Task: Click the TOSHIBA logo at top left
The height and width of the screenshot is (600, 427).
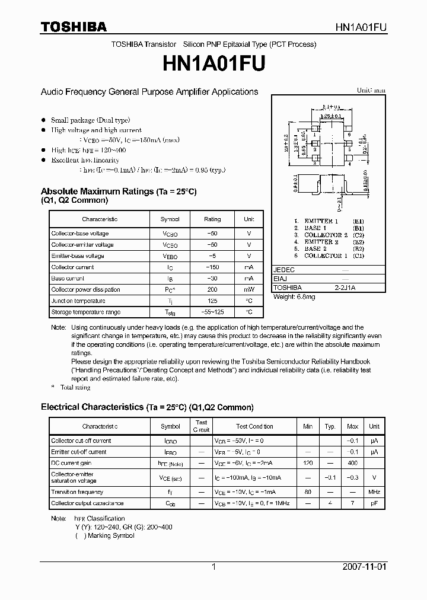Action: (74, 27)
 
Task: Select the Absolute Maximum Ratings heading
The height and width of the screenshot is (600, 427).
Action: (118, 192)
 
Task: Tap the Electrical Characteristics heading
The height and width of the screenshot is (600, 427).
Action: (146, 407)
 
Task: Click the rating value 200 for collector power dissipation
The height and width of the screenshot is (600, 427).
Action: (212, 289)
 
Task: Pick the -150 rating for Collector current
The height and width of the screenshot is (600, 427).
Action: (212, 267)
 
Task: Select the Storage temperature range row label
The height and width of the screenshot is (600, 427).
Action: (85, 312)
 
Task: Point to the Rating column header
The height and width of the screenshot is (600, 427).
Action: (212, 219)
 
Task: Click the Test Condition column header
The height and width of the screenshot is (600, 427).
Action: (254, 426)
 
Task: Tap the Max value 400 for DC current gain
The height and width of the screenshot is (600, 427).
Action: (352, 463)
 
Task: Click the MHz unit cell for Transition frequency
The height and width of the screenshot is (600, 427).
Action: (374, 492)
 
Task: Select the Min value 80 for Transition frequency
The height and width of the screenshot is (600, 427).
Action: (308, 492)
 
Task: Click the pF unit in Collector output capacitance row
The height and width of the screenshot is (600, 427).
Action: (374, 503)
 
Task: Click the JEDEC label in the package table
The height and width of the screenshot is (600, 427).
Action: (284, 269)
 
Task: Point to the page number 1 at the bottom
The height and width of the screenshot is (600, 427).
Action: (213, 566)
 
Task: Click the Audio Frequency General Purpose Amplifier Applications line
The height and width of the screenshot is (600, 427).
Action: (149, 92)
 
